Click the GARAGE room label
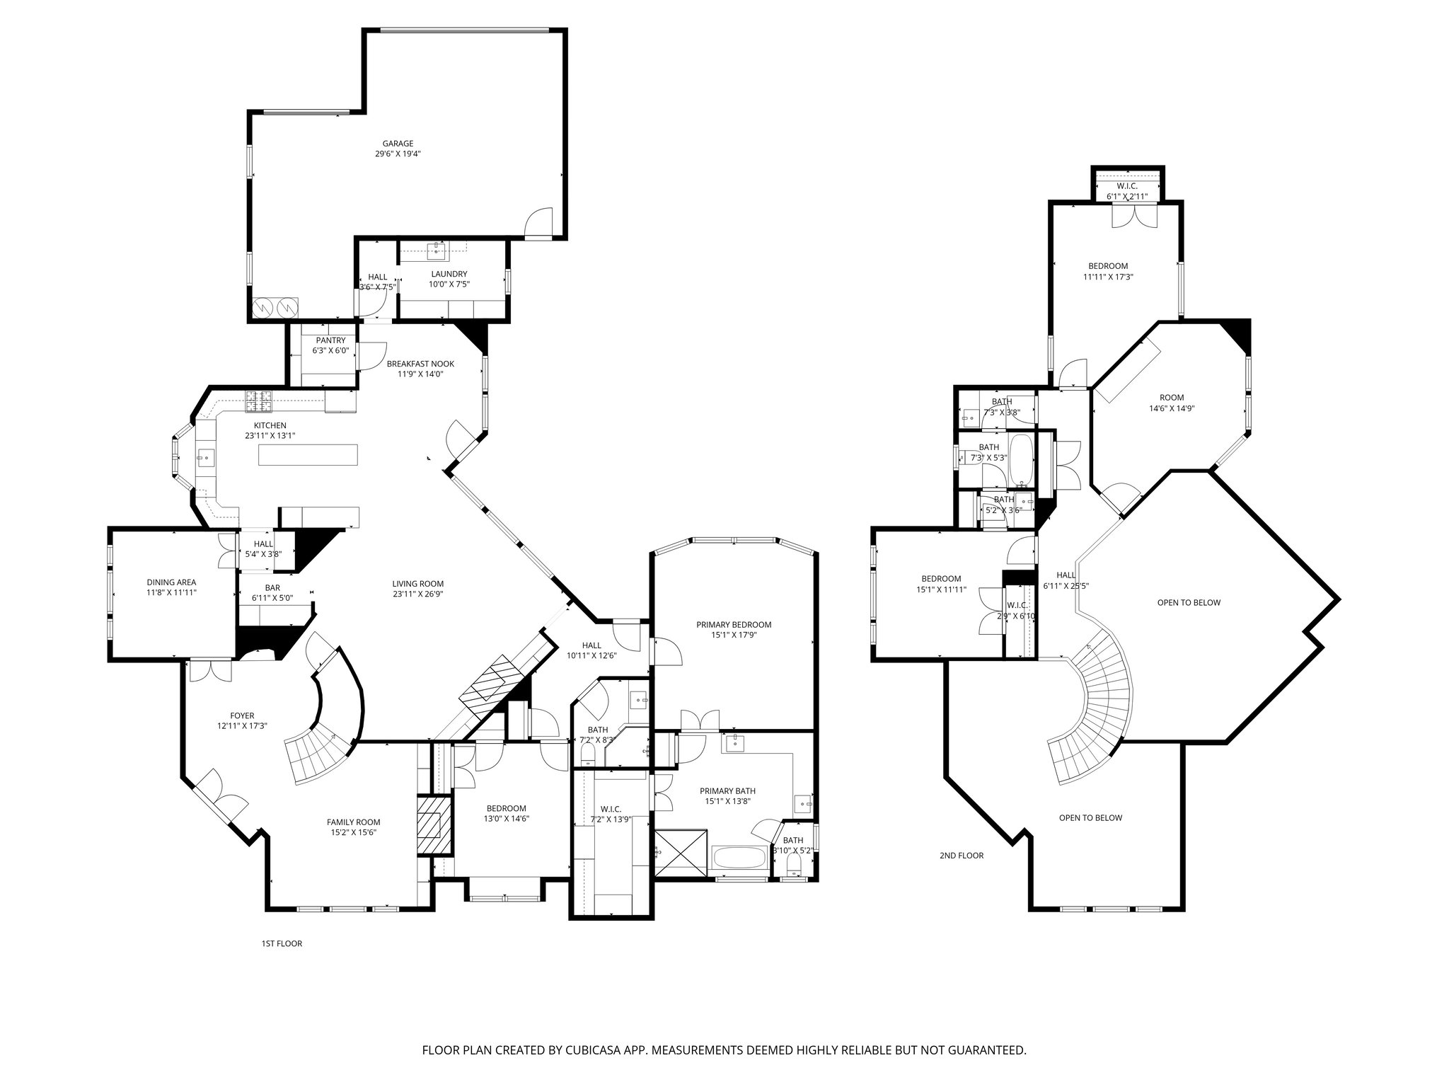click(398, 144)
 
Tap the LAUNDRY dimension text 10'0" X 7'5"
click(449, 284)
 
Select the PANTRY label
click(330, 340)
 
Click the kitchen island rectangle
click(308, 454)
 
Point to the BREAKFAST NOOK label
click(420, 364)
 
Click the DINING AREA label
click(171, 582)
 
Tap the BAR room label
click(272, 587)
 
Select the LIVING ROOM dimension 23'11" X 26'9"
click(417, 594)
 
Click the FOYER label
click(242, 715)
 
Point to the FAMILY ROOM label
click(353, 822)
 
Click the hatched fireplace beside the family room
click(433, 825)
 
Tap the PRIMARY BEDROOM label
click(733, 625)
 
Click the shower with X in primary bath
click(680, 853)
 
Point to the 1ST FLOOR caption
click(282, 943)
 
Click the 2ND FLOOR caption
click(961, 856)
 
